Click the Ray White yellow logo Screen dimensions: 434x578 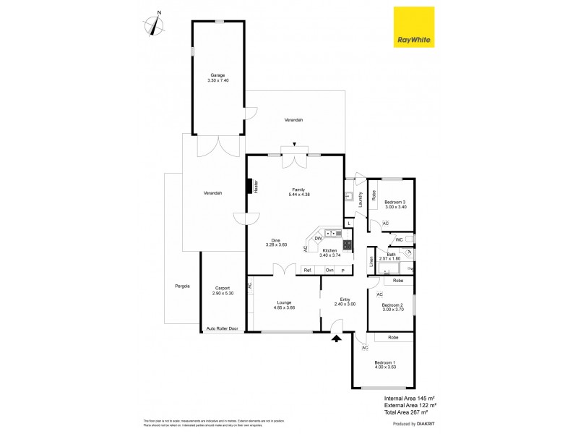tap(413, 27)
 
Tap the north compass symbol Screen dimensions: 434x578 tap(154, 24)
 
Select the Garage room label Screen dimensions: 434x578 tap(217, 75)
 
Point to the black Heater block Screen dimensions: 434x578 tap(249, 187)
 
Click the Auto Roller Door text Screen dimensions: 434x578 tap(223, 328)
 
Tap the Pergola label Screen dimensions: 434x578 tap(182, 286)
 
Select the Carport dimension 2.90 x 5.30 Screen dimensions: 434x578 tap(223, 293)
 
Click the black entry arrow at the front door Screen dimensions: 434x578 tap(336, 337)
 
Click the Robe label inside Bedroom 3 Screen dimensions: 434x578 tap(374, 195)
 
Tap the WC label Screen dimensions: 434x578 tap(398, 240)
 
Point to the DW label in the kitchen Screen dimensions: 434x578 tap(318, 238)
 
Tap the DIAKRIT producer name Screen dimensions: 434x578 tap(427, 423)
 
